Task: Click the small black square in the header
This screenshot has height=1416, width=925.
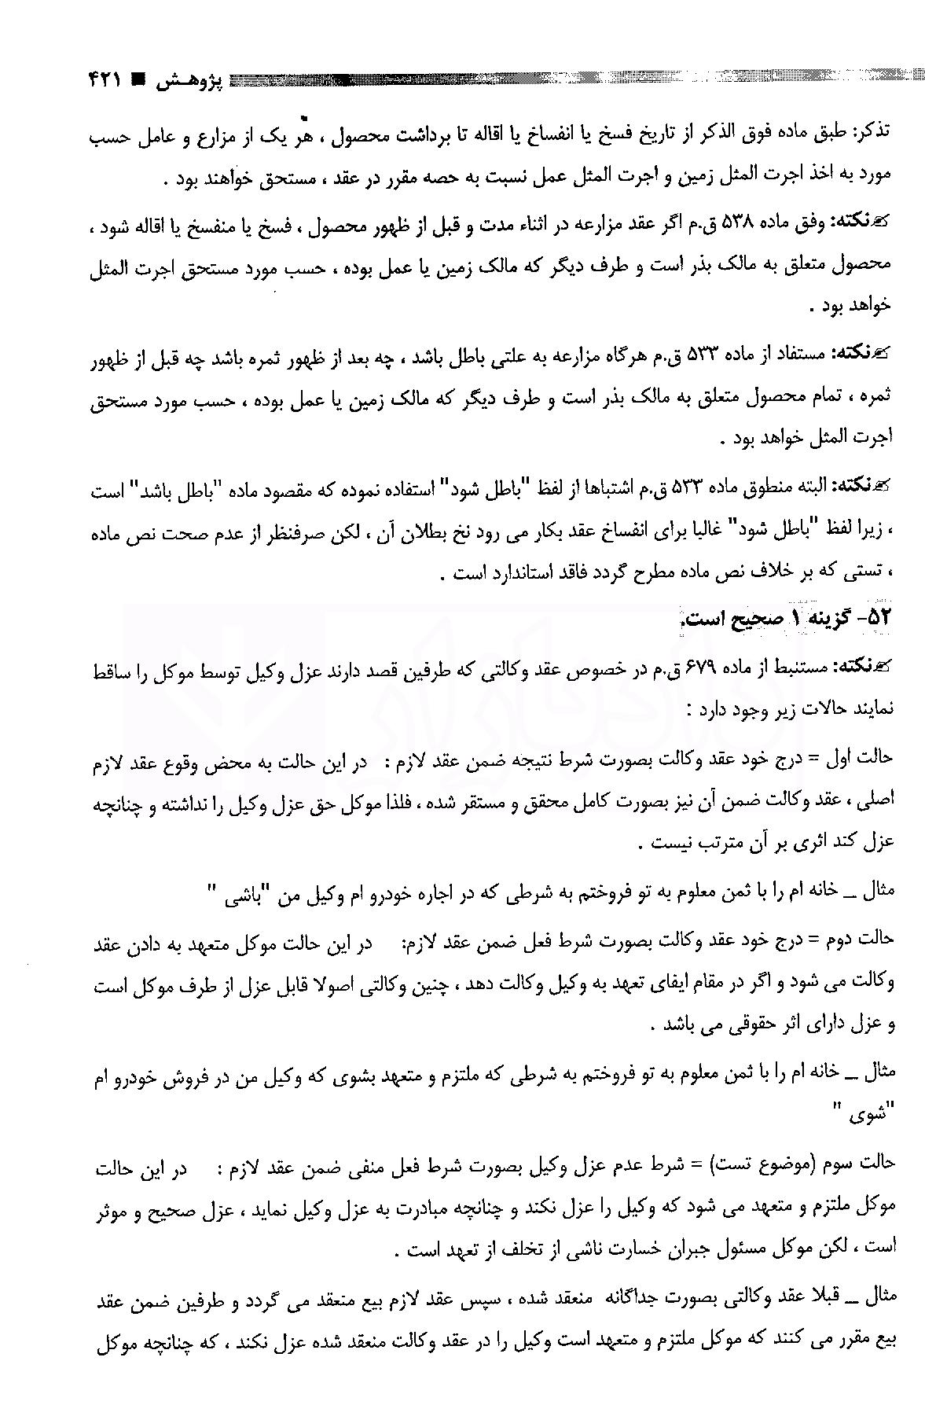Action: [x=138, y=79]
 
